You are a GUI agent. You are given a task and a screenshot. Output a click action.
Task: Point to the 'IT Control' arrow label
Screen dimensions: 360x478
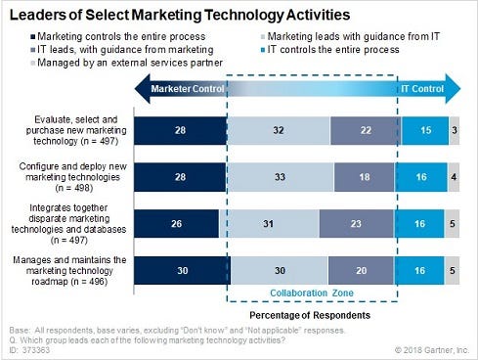coord(423,89)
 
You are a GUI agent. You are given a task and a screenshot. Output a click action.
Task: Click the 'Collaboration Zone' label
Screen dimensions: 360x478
coord(310,291)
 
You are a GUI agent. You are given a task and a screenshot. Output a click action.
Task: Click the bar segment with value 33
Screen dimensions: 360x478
coord(282,177)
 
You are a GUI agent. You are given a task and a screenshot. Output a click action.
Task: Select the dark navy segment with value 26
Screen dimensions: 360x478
coord(177,223)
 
